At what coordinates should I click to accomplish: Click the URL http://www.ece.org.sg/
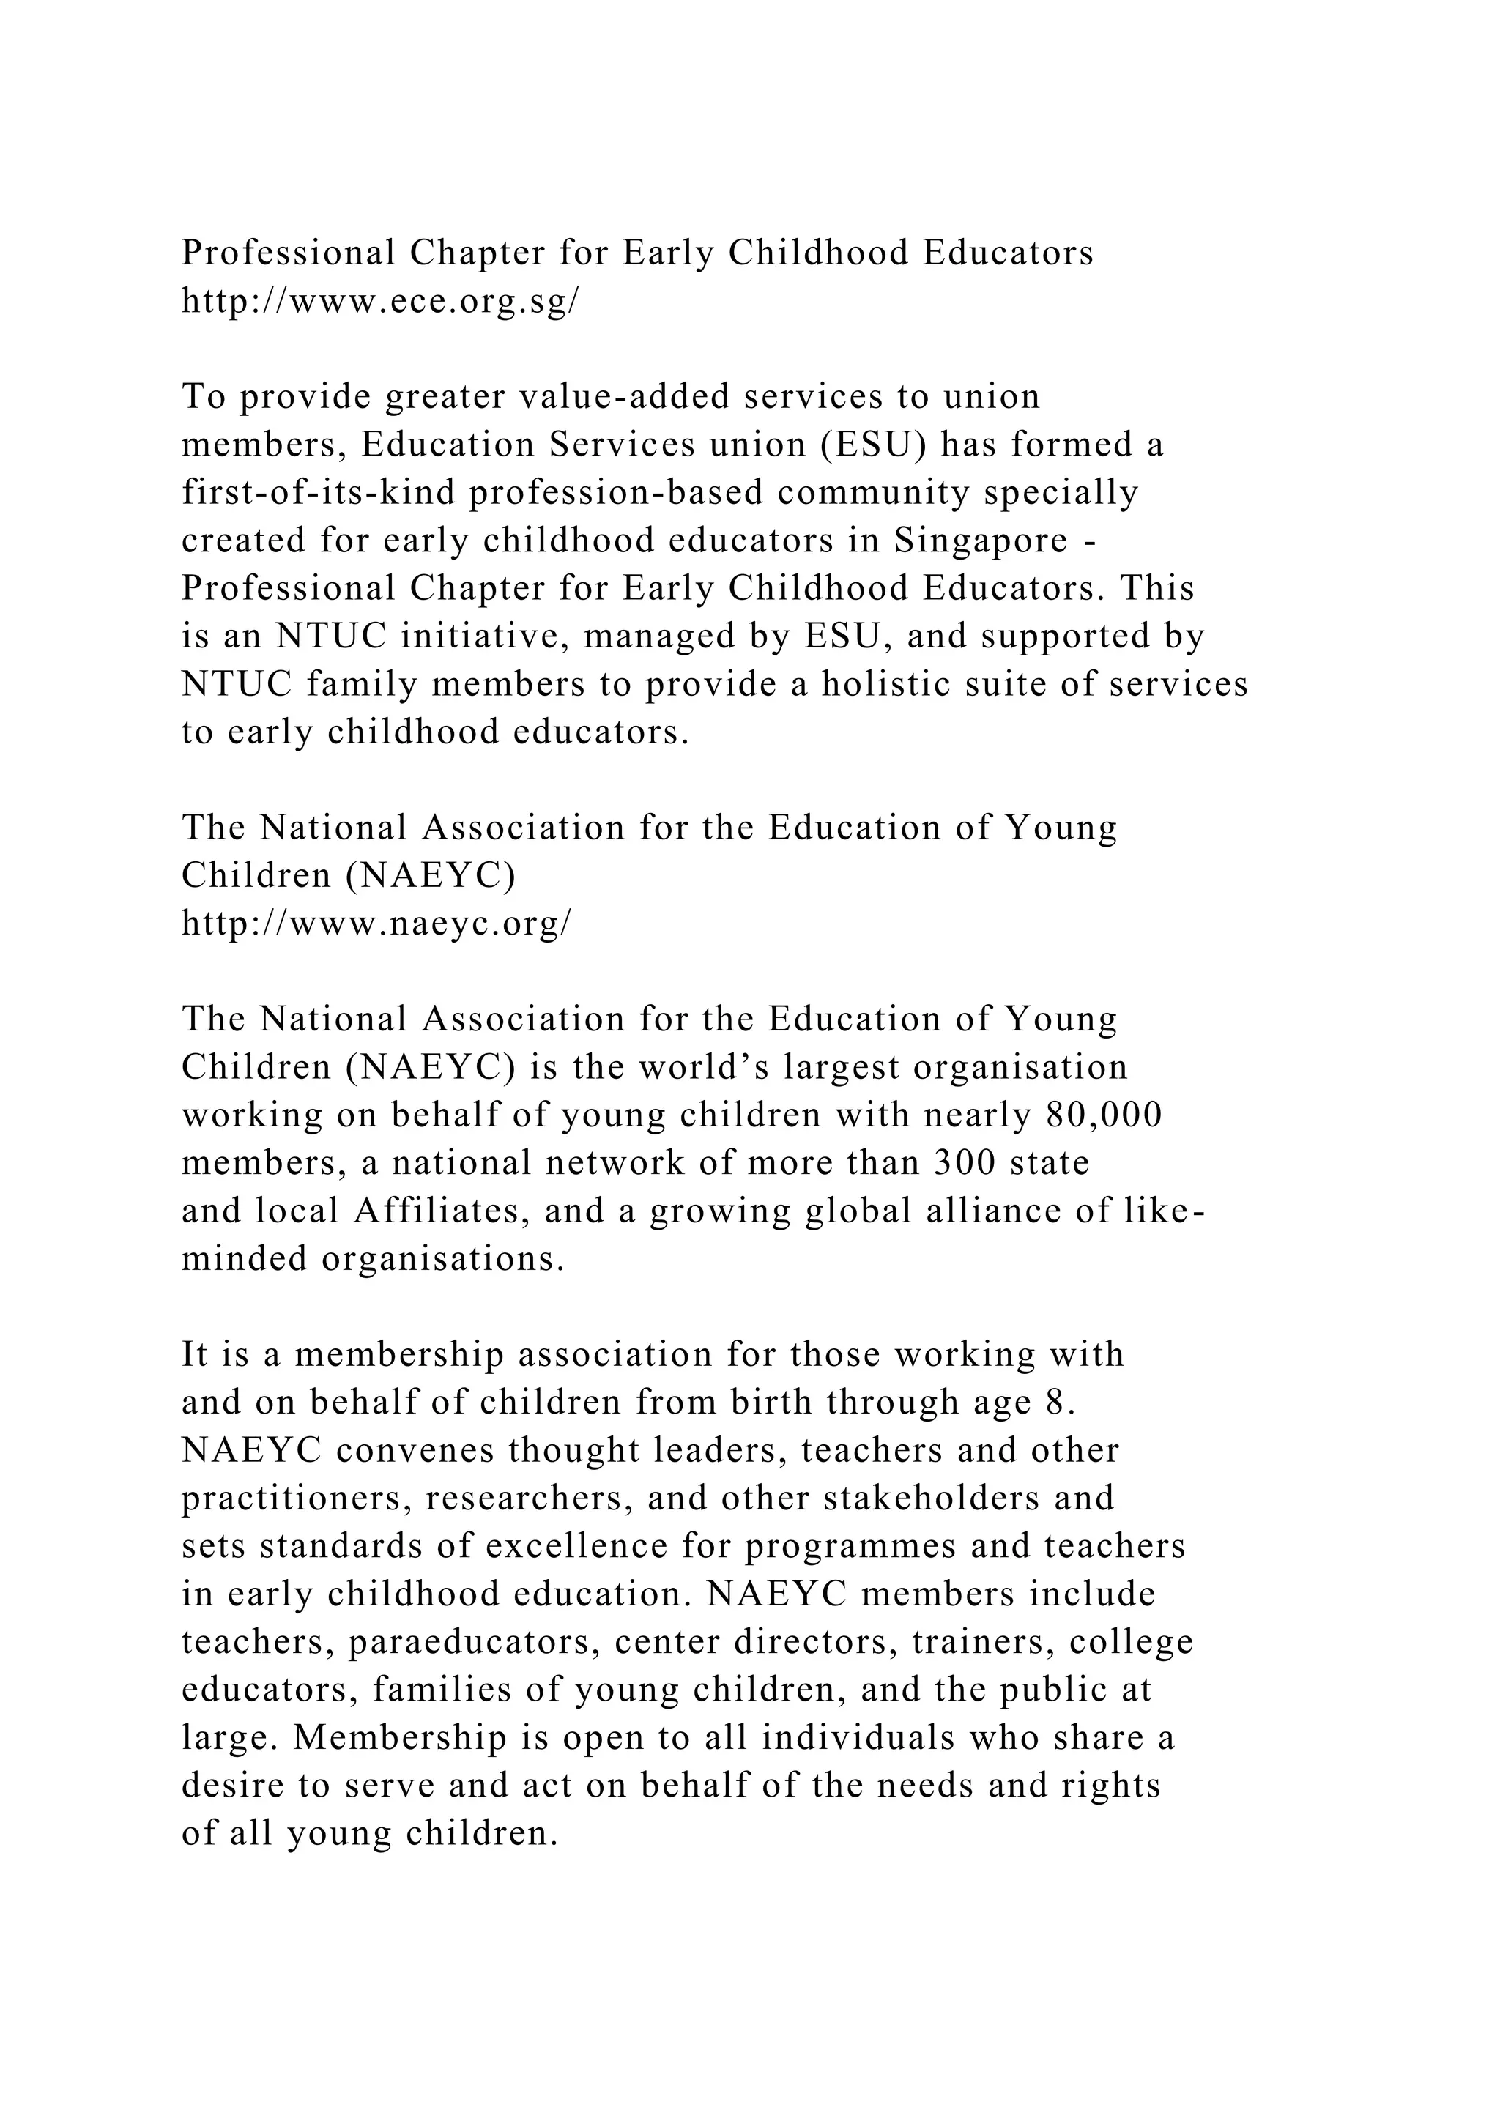[379, 302]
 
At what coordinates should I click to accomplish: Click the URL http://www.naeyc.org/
[376, 923]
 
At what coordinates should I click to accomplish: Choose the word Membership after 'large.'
[401, 1739]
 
